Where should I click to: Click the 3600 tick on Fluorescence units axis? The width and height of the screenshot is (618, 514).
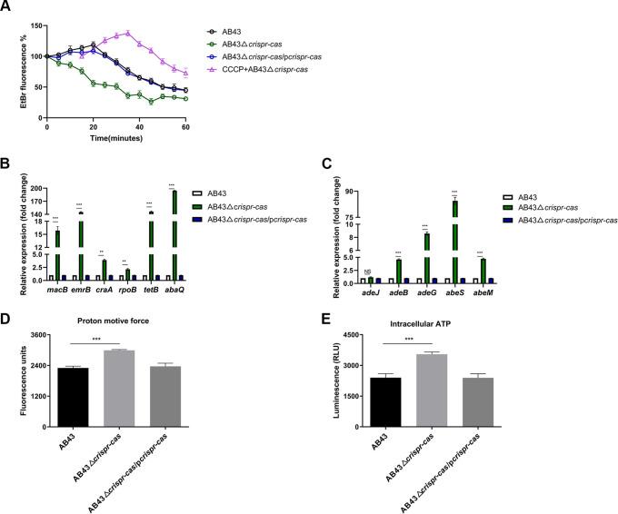(x=45, y=335)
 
